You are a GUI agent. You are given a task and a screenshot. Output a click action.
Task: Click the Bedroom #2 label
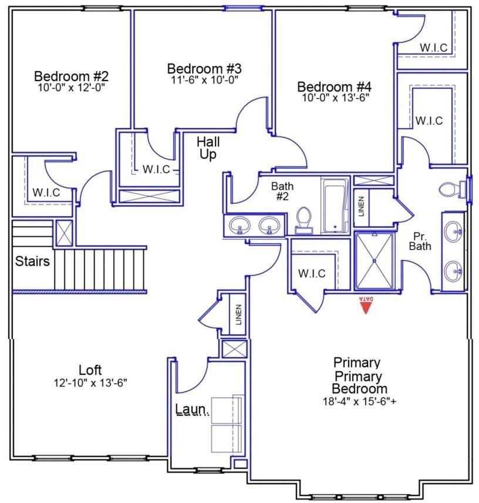point(71,76)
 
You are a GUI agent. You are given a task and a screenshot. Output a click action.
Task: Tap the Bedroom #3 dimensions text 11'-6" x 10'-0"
point(204,79)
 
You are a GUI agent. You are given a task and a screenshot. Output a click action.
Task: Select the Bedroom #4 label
point(335,86)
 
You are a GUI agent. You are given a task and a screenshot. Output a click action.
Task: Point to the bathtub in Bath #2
point(335,206)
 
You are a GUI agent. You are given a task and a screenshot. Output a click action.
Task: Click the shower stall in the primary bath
point(374,260)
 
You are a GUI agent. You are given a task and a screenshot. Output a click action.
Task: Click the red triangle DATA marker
point(366,305)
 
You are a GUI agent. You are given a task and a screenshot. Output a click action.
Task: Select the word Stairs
point(32,261)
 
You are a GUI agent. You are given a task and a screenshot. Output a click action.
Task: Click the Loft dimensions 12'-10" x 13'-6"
point(90,383)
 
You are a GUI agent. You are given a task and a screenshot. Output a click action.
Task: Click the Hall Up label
point(207,148)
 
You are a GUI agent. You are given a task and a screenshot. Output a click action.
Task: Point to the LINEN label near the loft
point(238,315)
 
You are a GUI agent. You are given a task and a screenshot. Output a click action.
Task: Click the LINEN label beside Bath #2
point(361,206)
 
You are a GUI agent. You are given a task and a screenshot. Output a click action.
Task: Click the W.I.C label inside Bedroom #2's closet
point(46,192)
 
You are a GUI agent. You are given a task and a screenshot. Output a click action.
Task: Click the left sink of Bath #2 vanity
point(239,224)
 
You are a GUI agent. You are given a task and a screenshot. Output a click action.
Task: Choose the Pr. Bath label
point(420,240)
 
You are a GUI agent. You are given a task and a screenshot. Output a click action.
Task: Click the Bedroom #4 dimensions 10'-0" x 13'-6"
point(335,98)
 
